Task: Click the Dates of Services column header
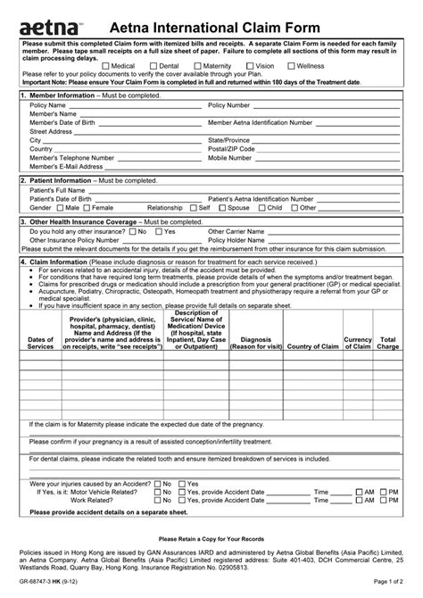(40, 344)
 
